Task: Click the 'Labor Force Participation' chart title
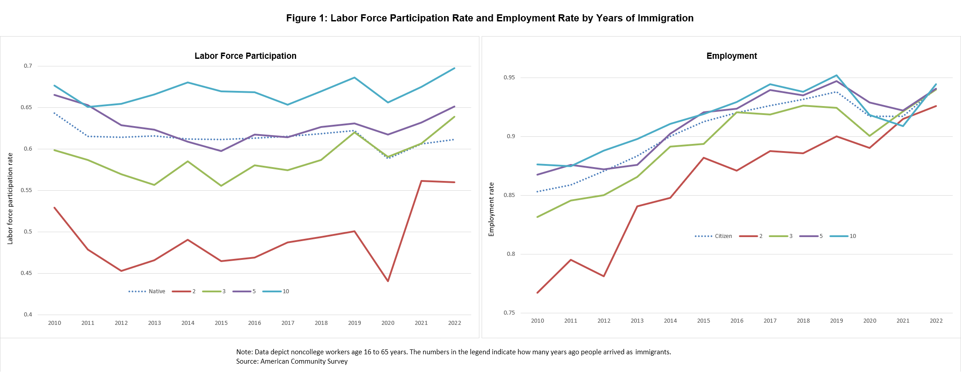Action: [245, 56]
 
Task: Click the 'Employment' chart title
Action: [731, 56]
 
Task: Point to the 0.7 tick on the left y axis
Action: [28, 66]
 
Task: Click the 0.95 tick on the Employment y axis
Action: [509, 78]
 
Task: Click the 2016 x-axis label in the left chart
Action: [255, 323]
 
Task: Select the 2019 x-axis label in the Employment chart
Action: [836, 321]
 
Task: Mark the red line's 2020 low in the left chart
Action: [388, 281]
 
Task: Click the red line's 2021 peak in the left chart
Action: [421, 181]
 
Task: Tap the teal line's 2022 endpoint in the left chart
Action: [454, 68]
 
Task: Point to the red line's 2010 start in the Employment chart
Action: [537, 293]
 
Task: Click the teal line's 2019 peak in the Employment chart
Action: [837, 75]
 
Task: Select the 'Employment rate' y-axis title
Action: [491, 209]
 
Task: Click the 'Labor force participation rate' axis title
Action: [10, 198]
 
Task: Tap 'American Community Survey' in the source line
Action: [304, 361]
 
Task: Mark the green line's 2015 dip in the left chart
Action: [221, 186]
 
